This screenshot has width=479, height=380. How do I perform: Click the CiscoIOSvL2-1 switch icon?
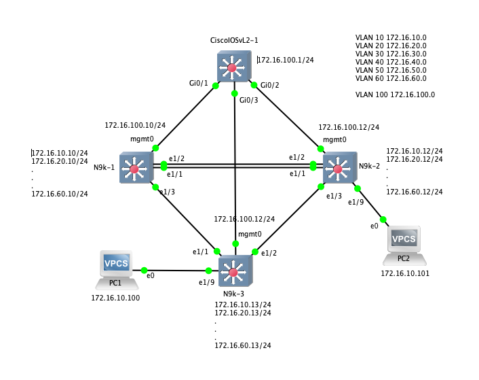tap(234, 67)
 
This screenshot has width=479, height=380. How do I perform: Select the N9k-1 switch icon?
tap(136, 168)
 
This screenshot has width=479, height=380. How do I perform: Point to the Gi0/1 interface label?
tap(198, 83)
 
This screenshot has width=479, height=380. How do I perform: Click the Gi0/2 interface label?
tap(270, 85)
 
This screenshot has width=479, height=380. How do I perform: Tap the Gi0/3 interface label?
tap(248, 100)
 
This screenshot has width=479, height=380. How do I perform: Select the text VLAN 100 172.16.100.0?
tap(395, 94)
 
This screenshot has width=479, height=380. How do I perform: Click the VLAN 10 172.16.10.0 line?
tap(391, 37)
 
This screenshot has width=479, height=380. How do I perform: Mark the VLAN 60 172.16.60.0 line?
tap(391, 78)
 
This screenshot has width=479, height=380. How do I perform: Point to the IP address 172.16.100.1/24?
tap(286, 60)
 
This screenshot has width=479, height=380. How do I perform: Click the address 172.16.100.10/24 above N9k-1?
tap(134, 126)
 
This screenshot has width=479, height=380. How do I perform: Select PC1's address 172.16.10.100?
tap(115, 298)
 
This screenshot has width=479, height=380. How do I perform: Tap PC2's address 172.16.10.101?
tap(404, 273)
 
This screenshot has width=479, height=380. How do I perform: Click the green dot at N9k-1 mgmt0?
tap(155, 148)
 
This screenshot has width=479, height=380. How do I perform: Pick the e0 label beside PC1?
tap(151, 275)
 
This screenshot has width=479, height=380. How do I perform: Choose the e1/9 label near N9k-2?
tap(356, 202)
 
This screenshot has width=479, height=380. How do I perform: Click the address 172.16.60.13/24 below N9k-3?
tap(242, 346)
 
